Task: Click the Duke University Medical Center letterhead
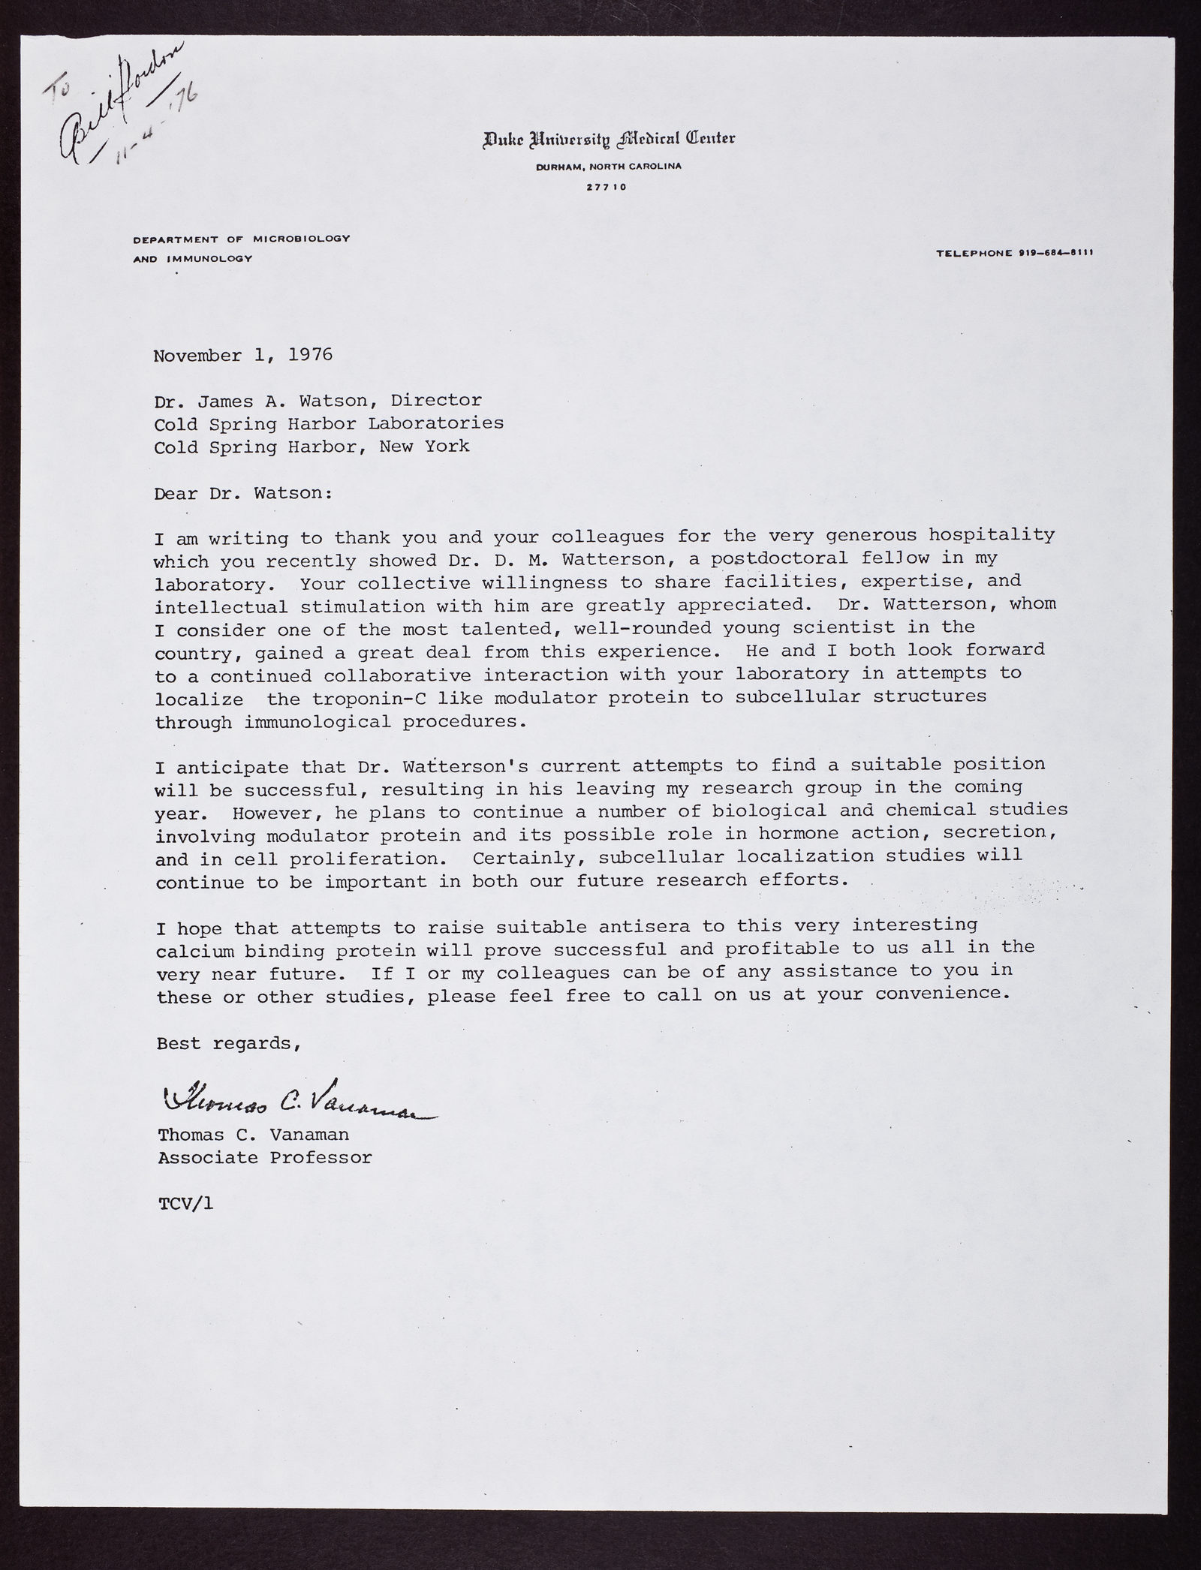point(609,139)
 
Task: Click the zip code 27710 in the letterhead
point(607,187)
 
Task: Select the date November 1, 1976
point(242,355)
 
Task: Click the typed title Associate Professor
point(264,1157)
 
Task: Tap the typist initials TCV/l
point(185,1203)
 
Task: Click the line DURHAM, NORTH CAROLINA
point(609,167)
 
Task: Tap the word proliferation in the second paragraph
point(355,859)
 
